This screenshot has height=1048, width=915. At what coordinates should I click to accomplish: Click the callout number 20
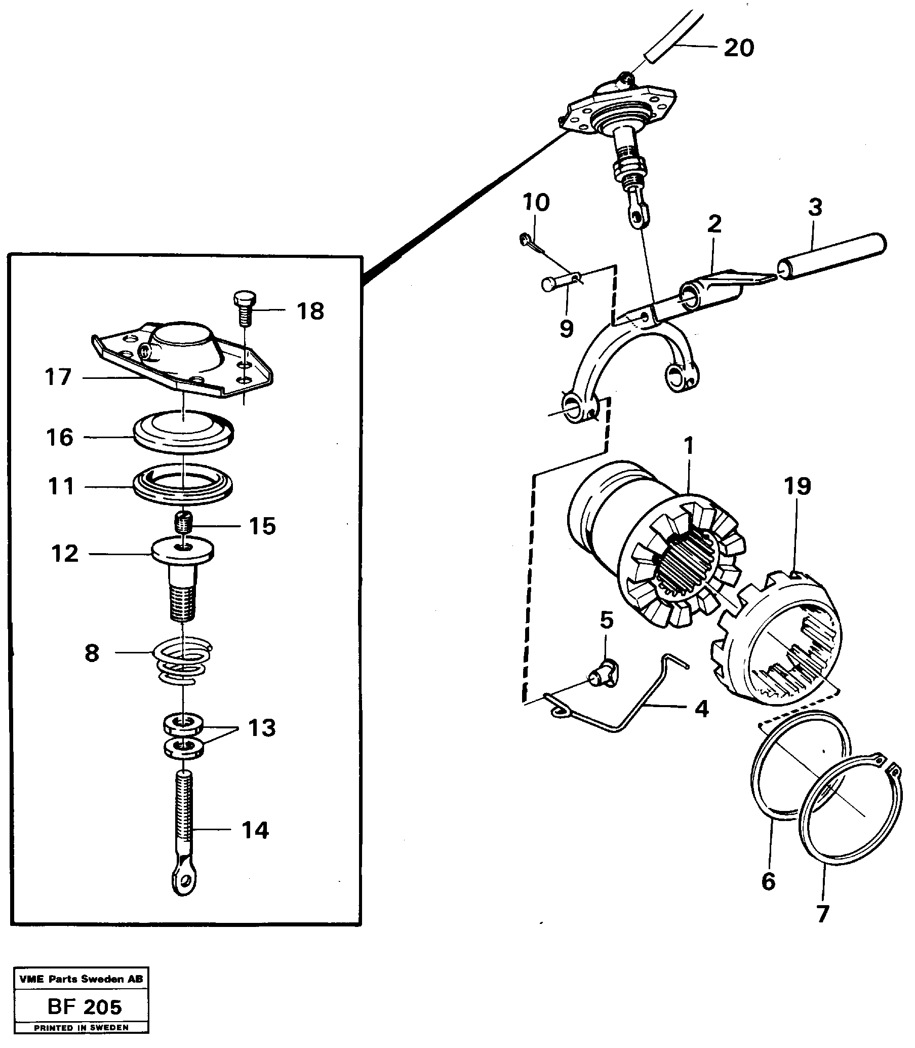[738, 49]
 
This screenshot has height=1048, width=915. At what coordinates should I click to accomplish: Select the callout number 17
[58, 377]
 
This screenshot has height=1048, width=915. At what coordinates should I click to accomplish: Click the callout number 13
[262, 728]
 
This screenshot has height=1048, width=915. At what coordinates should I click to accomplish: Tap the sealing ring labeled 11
[183, 483]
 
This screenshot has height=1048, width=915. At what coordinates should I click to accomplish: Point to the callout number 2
[714, 224]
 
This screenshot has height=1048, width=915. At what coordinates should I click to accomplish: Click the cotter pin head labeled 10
[525, 238]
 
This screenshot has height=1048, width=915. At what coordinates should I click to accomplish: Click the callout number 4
[702, 709]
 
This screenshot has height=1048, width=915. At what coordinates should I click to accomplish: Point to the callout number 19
[798, 486]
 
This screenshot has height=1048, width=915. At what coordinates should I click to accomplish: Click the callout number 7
[822, 913]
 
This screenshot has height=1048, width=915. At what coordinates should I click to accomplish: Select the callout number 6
[769, 881]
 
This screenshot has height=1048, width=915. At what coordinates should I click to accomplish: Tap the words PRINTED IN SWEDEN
[81, 1028]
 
